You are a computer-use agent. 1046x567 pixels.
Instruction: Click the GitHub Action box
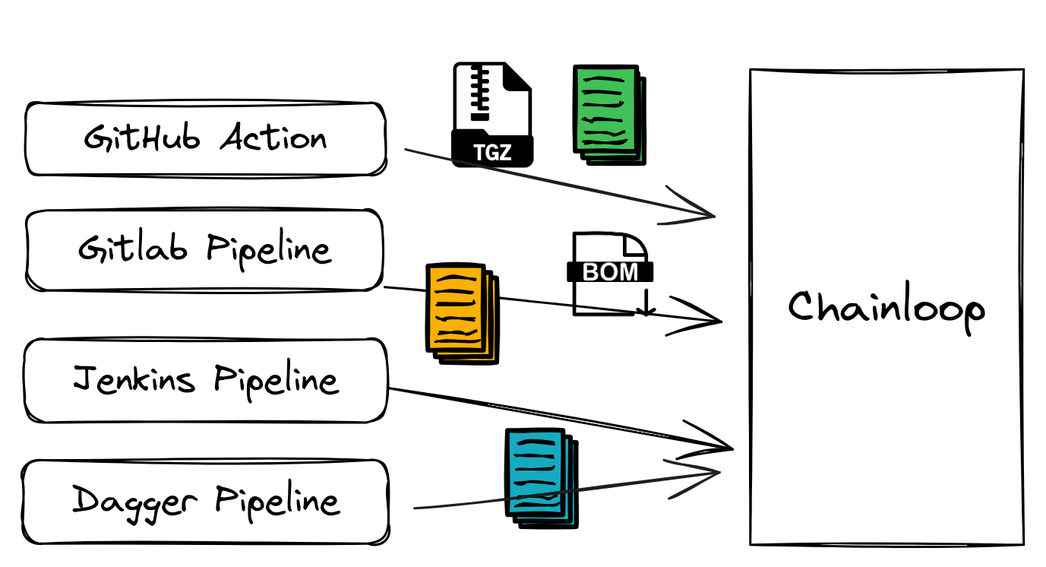tap(205, 139)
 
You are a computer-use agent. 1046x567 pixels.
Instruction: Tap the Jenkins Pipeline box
tap(205, 379)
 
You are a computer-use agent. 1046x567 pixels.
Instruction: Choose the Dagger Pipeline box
tap(205, 501)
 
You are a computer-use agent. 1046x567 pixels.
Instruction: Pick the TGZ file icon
tap(492, 115)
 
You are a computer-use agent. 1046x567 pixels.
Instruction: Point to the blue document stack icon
tap(540, 477)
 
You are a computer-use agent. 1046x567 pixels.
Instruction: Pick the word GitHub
tap(142, 138)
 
